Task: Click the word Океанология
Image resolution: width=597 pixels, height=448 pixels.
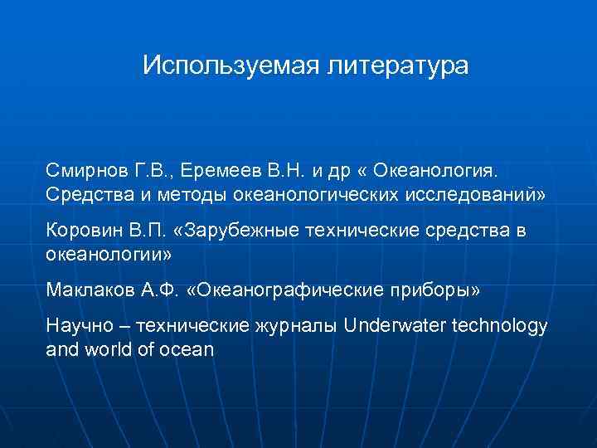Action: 437,171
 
